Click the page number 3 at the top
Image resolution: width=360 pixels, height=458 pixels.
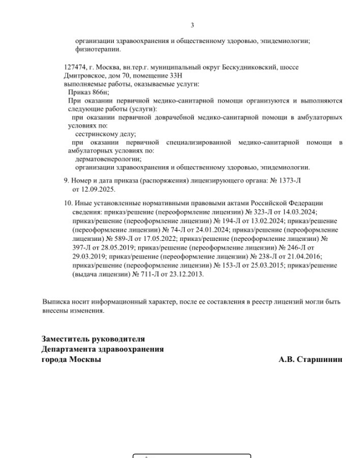point(192,25)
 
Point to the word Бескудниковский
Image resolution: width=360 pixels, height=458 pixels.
point(249,67)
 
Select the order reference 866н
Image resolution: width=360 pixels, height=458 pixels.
point(99,92)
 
